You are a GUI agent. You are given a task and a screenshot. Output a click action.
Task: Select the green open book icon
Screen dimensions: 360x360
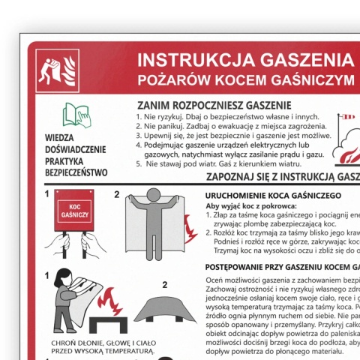coord(75,114)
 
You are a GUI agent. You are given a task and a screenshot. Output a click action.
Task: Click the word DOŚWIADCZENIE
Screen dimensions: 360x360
coord(75,149)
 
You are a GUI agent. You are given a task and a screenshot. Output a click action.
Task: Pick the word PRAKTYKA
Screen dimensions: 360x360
coord(75,160)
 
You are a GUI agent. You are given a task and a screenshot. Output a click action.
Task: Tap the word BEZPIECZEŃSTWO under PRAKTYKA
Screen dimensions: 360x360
coord(75,172)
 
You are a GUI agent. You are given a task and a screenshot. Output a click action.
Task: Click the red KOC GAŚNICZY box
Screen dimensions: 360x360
coord(73,210)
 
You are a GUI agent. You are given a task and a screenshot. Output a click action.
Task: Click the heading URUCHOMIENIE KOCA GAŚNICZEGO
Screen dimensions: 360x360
coord(273,195)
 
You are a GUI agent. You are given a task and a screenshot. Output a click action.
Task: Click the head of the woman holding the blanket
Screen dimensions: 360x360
coord(59,278)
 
